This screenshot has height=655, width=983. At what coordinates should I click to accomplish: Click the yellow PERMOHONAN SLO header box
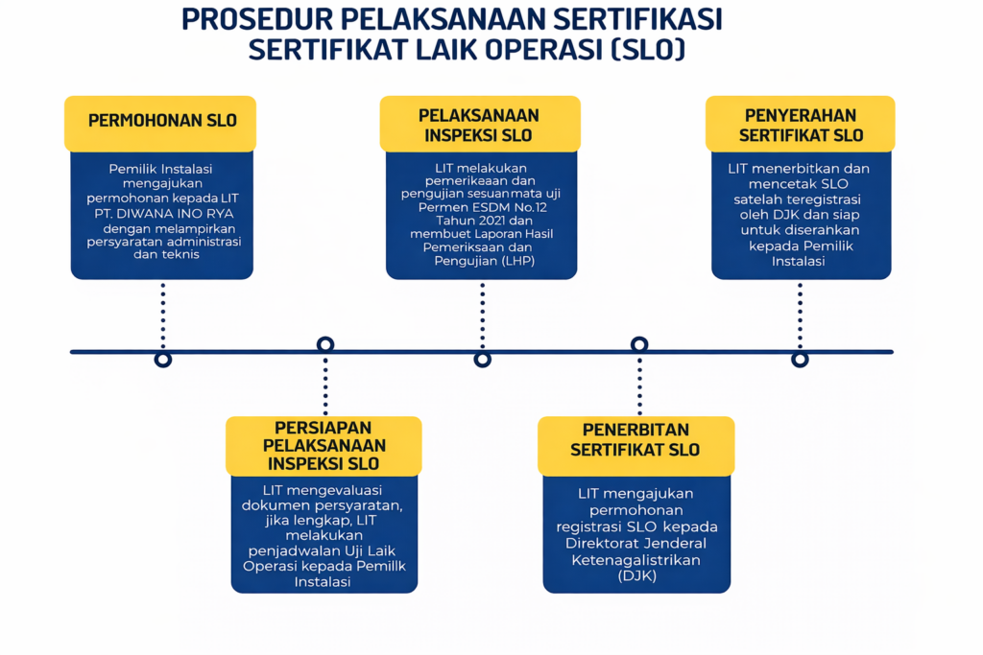(161, 121)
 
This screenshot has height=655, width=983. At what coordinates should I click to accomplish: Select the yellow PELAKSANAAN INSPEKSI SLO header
(479, 125)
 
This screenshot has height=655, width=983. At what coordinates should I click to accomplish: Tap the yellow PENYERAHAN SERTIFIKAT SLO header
(801, 125)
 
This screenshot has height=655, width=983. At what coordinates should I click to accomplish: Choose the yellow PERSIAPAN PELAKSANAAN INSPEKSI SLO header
(324, 446)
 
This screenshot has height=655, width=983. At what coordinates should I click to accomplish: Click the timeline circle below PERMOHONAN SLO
(163, 359)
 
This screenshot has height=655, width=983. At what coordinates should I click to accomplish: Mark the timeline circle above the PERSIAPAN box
(325, 344)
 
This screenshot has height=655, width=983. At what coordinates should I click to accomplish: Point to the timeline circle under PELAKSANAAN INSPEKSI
(483, 359)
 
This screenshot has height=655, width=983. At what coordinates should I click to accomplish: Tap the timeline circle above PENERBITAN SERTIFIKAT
(639, 344)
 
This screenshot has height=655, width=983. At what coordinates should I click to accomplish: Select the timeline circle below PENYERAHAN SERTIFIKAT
(800, 359)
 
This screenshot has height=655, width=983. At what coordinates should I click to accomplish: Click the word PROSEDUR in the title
(253, 19)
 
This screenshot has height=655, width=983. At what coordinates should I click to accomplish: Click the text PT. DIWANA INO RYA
(161, 214)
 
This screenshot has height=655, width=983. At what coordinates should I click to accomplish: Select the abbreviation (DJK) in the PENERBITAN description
(636, 576)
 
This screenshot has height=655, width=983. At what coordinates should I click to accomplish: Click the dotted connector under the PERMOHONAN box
(163, 316)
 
